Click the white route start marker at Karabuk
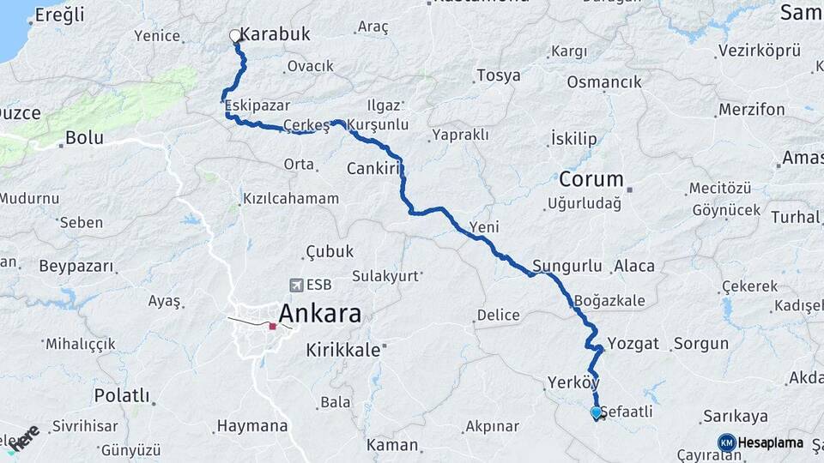pos(234,36)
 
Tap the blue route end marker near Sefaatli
pos(596,412)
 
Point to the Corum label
pos(591,180)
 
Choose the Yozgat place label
pos(633,344)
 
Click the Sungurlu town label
pos(567,266)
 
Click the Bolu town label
pos(84,137)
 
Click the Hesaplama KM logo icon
pos(726,442)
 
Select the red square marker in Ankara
pos(272,326)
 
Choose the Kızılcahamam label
pos(291,198)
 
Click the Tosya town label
pos(498,75)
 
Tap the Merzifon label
pos(752,110)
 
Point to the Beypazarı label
pos(76,266)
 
